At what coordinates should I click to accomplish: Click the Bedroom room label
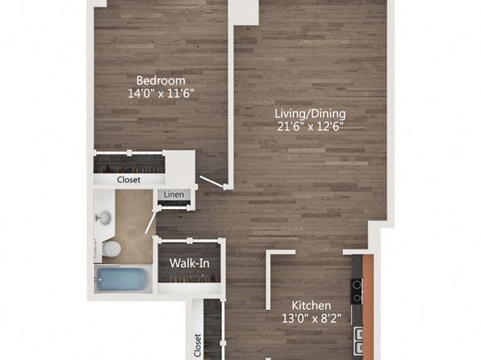coord(161,81)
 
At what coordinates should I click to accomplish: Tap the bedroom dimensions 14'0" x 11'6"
coord(161,94)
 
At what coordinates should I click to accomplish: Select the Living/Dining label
coord(310,114)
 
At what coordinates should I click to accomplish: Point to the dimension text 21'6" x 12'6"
coord(310,127)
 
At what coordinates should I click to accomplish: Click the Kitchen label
coord(311,306)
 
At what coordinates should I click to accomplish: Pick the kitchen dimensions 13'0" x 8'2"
coord(311,319)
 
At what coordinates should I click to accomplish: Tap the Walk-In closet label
coord(190,263)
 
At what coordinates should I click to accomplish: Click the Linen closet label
coord(174,195)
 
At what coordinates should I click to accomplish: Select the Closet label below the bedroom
coord(128,180)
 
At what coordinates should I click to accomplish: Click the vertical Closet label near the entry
coord(198,345)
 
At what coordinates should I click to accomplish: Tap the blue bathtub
coord(122,279)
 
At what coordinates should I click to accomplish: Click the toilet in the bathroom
coord(110,249)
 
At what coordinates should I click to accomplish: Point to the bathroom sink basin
coord(103,218)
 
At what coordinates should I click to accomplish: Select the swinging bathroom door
coord(151,221)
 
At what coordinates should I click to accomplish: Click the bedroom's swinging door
coord(212,182)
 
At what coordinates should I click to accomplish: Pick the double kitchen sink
coord(358,341)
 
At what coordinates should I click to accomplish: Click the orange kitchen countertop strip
coord(368,307)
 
